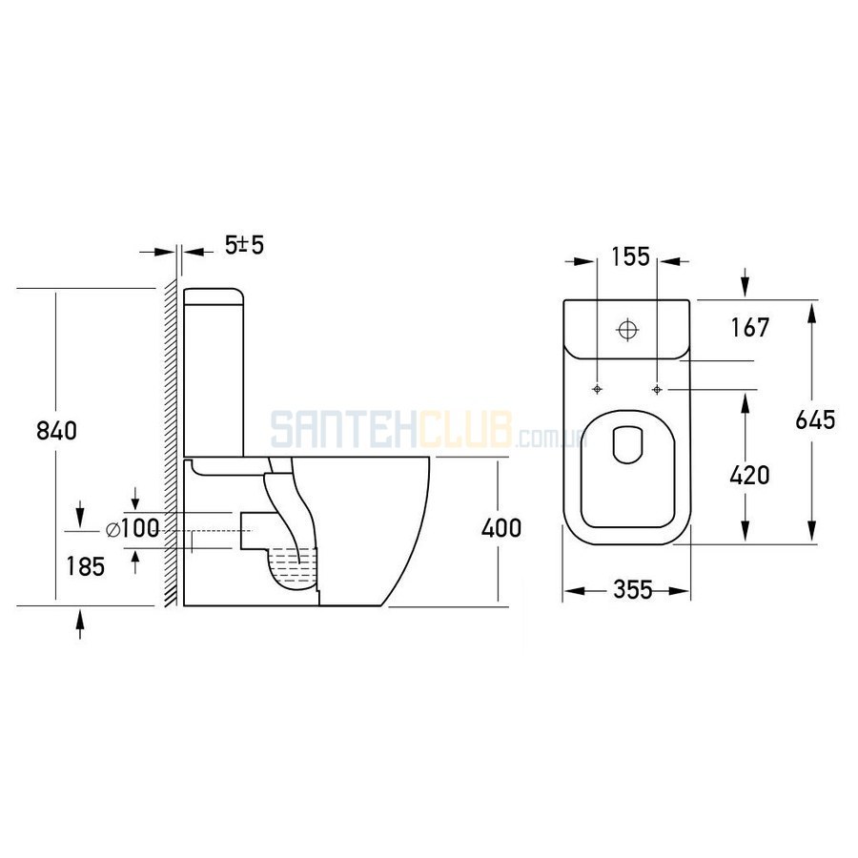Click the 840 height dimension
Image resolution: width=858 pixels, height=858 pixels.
(56, 431)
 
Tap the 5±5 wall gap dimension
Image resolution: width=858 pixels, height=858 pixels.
(245, 245)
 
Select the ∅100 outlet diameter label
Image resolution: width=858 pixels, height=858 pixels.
(133, 529)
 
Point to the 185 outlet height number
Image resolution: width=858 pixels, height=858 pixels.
(86, 566)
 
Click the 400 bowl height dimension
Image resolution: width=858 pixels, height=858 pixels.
(501, 528)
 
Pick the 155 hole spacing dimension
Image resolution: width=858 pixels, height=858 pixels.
(630, 256)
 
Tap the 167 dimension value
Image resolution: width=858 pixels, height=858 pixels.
(750, 327)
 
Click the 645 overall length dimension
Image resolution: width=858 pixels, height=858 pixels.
(815, 419)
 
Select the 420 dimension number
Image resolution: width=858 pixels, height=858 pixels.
(749, 475)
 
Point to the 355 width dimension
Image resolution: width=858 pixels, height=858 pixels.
(633, 590)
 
